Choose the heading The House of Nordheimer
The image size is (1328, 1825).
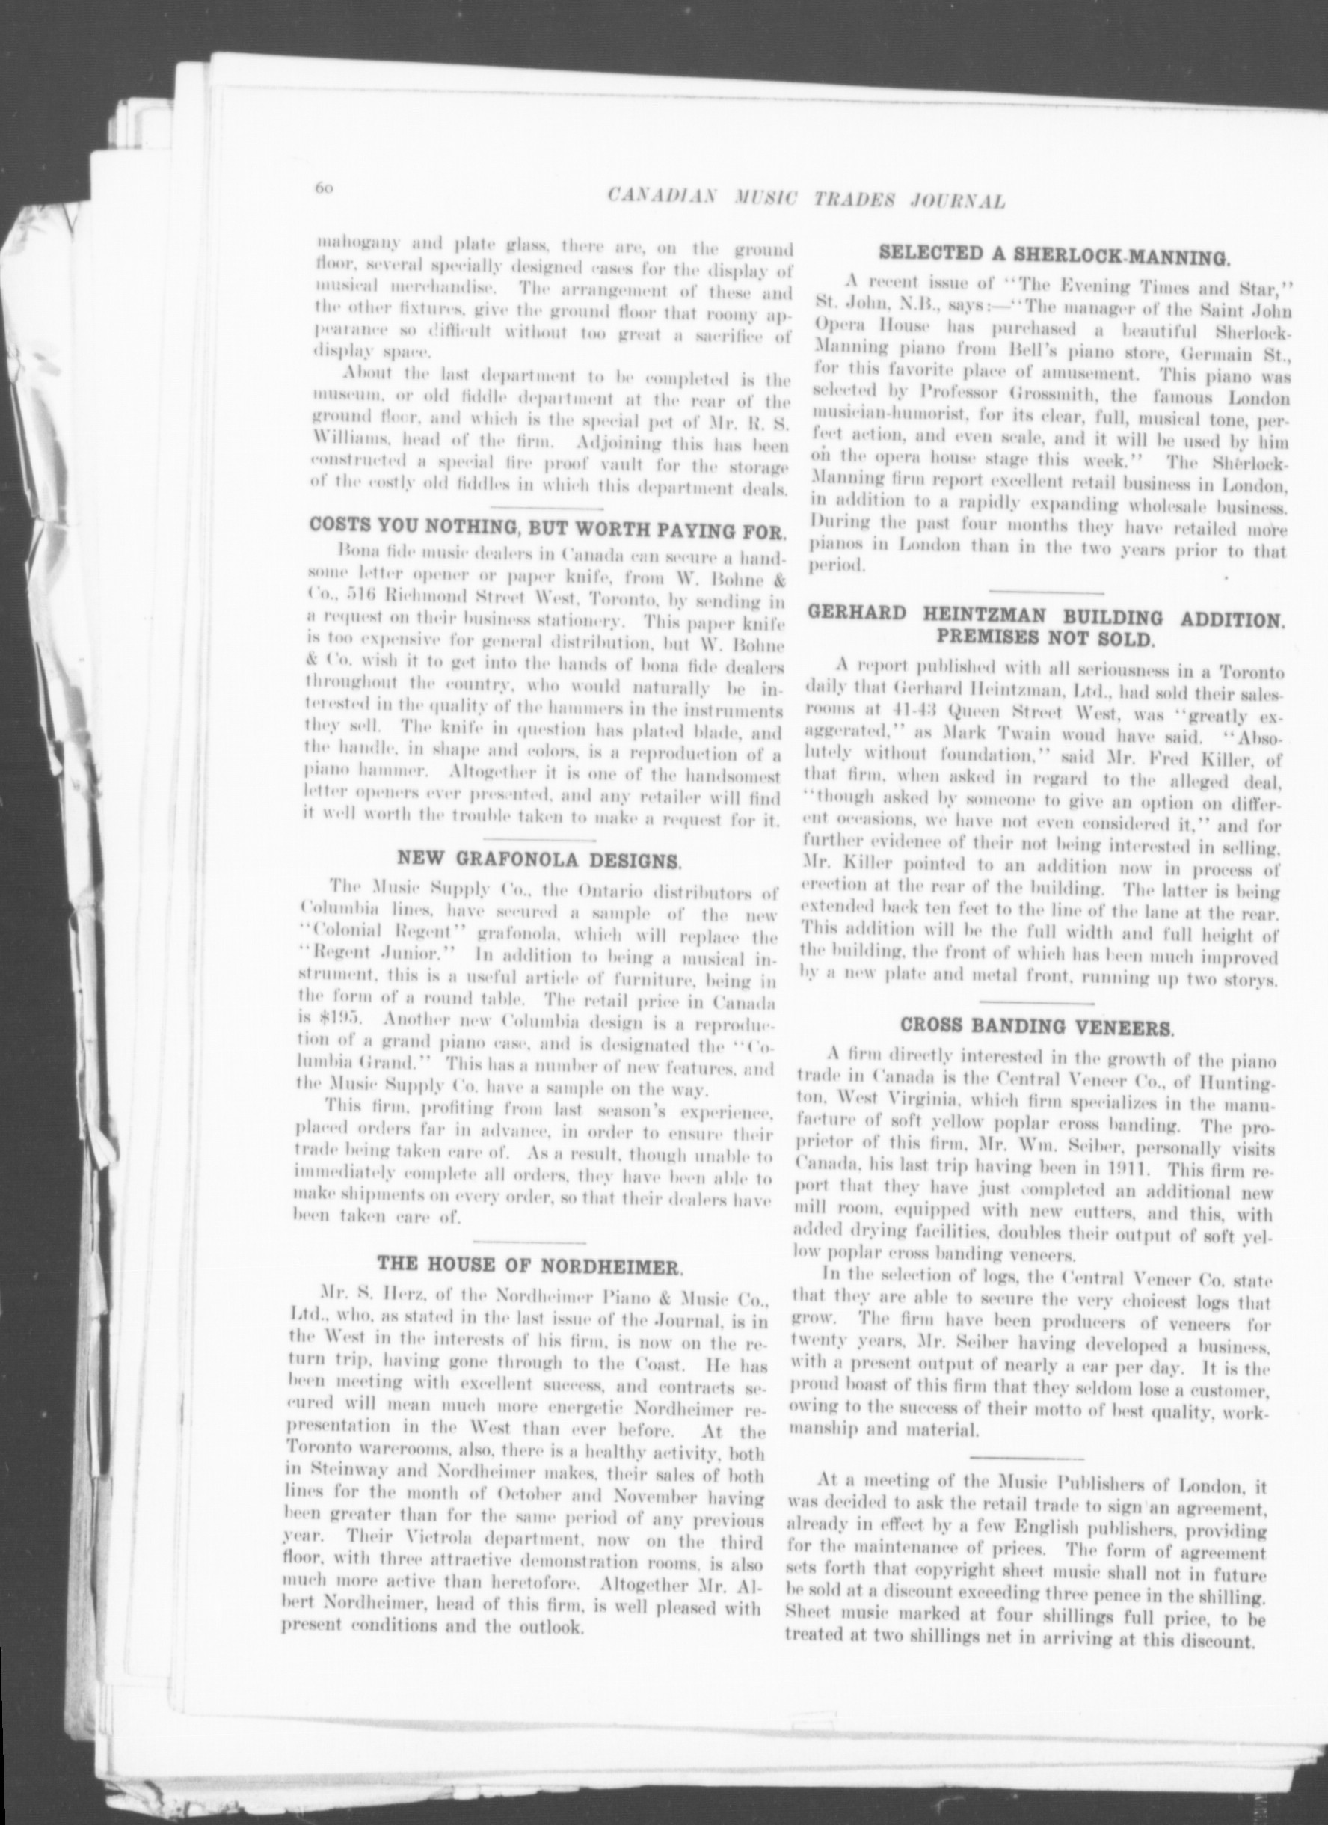tap(530, 1263)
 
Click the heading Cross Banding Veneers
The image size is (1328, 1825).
tap(1037, 1027)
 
